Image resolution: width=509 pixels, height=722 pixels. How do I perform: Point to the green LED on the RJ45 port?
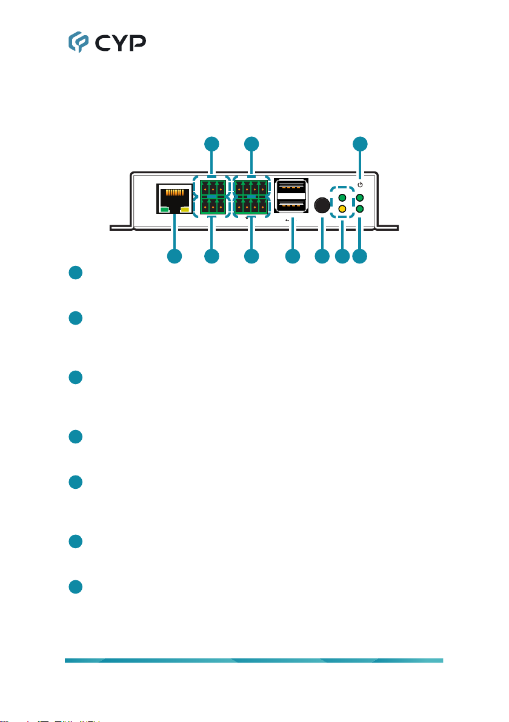point(165,210)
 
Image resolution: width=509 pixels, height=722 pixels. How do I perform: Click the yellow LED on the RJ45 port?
point(184,210)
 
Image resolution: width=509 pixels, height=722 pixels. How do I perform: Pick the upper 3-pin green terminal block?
point(211,187)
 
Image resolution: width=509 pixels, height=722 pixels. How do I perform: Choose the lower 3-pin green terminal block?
point(211,208)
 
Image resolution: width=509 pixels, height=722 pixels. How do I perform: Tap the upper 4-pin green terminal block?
point(251,187)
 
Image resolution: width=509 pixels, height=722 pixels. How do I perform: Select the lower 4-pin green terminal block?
point(251,208)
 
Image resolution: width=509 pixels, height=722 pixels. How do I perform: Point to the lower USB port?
point(291,207)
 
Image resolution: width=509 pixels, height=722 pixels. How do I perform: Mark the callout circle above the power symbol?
point(361,144)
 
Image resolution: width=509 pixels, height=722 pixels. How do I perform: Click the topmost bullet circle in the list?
point(75,273)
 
